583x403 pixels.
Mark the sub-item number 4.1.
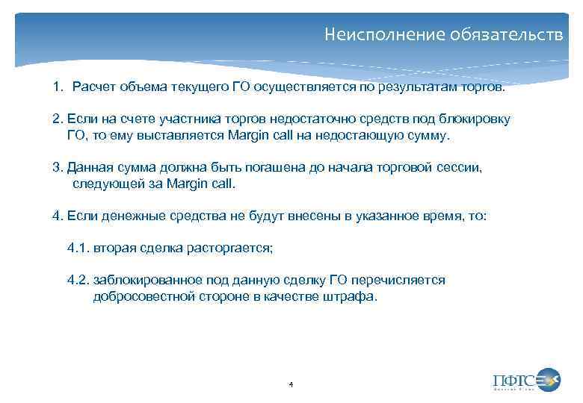(77, 248)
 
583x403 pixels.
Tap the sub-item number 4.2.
(78, 281)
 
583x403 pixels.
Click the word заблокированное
(143, 281)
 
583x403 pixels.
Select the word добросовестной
(141, 296)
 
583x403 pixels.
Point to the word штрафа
(352, 296)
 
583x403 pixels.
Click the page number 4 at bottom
(291, 384)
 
